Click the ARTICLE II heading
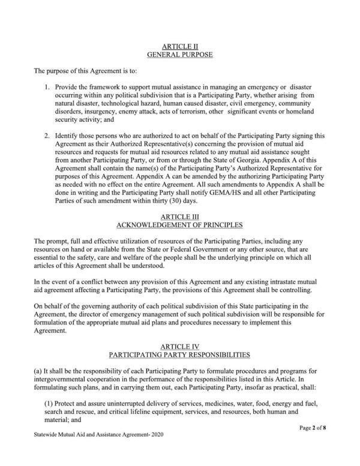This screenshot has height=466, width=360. (x=180, y=46)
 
